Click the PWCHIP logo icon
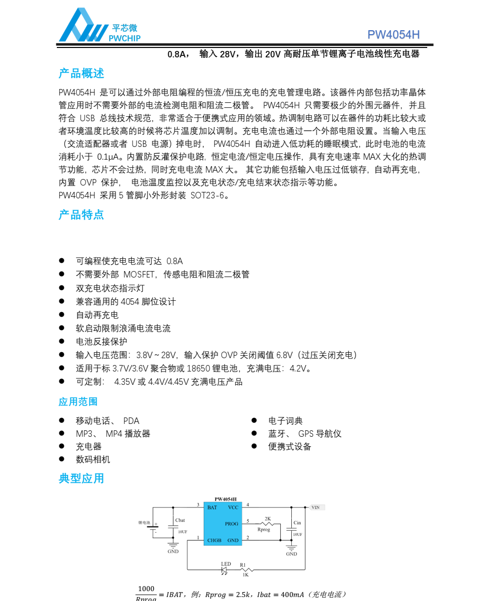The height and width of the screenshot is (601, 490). (x=83, y=26)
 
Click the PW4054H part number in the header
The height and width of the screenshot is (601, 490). (x=393, y=35)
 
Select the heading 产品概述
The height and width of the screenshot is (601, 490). (x=82, y=74)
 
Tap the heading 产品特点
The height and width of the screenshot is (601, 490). (x=82, y=215)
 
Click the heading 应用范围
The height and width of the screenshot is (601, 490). (x=78, y=402)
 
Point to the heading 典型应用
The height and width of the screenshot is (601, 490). (x=82, y=478)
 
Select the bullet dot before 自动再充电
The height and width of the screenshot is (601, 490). (x=62, y=314)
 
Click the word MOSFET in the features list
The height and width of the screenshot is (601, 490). (x=139, y=274)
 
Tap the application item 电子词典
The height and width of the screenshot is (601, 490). (x=285, y=420)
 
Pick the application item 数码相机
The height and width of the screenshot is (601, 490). (x=93, y=459)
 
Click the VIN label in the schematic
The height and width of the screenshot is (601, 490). (x=315, y=508)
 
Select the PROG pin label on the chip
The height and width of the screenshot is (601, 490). (x=231, y=524)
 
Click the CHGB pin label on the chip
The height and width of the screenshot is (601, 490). (x=214, y=541)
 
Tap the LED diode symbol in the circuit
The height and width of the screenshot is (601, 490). (x=224, y=570)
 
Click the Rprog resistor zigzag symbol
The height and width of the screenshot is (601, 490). (x=267, y=523)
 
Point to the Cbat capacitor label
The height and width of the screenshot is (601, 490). (x=180, y=520)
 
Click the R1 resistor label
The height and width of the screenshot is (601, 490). (x=242, y=564)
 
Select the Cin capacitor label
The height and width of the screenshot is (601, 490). (x=297, y=523)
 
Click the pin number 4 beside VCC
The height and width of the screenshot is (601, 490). (x=248, y=505)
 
